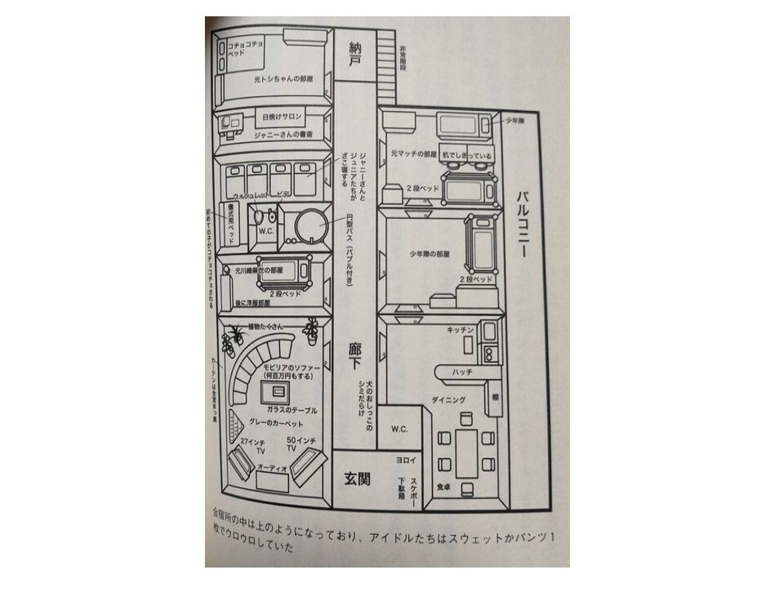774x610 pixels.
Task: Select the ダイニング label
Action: pos(448,400)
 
